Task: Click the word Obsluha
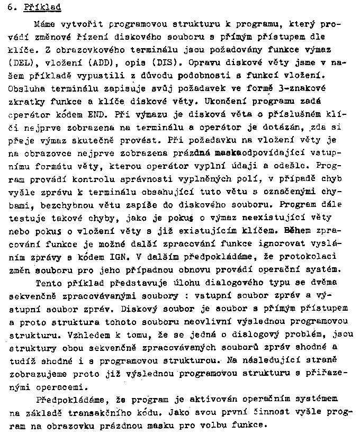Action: [x=26, y=88]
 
